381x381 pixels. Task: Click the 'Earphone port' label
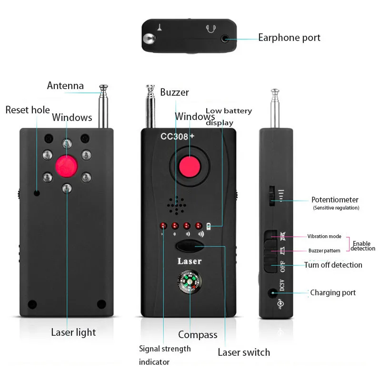[289, 38]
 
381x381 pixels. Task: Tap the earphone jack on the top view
[224, 38]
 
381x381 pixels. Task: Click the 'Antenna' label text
[65, 86]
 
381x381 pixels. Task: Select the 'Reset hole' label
[28, 110]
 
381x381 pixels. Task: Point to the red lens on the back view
[67, 166]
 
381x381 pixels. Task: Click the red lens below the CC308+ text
[189, 166]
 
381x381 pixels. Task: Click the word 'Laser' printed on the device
[189, 261]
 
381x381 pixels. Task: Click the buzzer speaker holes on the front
[176, 205]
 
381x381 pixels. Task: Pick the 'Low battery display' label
[229, 117]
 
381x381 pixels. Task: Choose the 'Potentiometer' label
[335, 200]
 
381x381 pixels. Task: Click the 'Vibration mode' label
[324, 236]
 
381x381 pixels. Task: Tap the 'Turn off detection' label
[333, 265]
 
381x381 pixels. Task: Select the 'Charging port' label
[333, 292]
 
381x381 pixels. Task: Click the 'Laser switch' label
[244, 352]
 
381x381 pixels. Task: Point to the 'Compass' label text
[198, 335]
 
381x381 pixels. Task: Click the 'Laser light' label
[73, 332]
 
